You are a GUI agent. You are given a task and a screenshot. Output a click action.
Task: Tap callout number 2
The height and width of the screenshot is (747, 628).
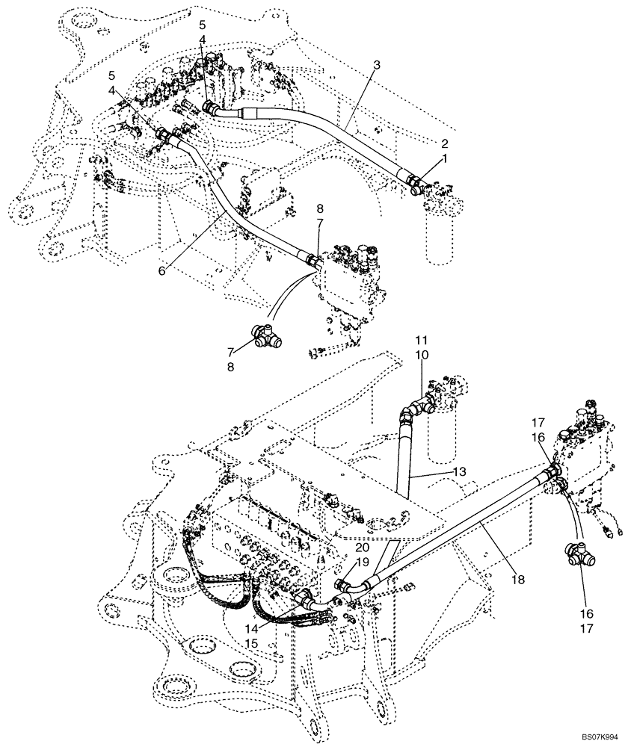(x=444, y=143)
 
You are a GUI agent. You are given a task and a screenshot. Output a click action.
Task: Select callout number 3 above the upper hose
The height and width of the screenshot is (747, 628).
(x=377, y=65)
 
